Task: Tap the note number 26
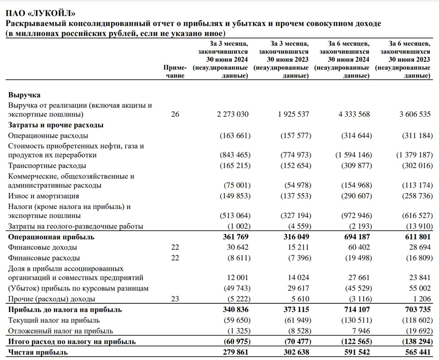175,115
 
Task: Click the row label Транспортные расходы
47,166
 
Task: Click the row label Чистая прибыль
38,352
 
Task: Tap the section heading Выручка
24,95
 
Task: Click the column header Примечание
175,72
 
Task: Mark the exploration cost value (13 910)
416,226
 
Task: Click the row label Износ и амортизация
44,196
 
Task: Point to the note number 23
175,299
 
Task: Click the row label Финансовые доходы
43,248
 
